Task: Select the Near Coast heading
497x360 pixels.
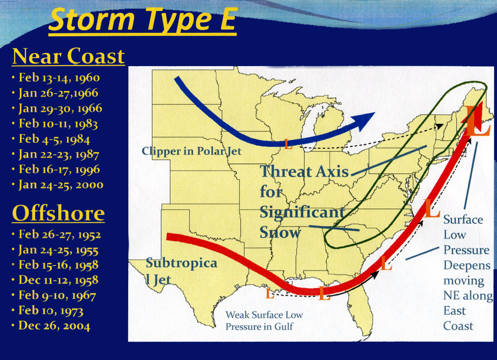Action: point(69,56)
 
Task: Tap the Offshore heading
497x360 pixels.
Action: point(58,213)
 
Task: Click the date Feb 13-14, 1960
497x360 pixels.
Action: point(59,78)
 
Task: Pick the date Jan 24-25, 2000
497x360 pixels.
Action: point(61,184)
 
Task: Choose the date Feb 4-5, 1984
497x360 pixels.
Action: point(54,139)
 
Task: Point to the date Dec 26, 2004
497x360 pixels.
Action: point(54,326)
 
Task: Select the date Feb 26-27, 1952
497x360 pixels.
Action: point(60,234)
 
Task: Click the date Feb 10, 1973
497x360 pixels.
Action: point(51,310)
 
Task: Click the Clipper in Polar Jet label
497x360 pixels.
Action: point(191,151)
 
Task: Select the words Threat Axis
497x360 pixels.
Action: point(304,171)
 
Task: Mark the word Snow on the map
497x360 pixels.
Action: point(280,233)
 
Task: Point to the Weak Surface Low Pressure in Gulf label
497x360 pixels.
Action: point(264,320)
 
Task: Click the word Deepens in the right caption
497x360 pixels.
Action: point(467,266)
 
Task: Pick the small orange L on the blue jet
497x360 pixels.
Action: point(288,144)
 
